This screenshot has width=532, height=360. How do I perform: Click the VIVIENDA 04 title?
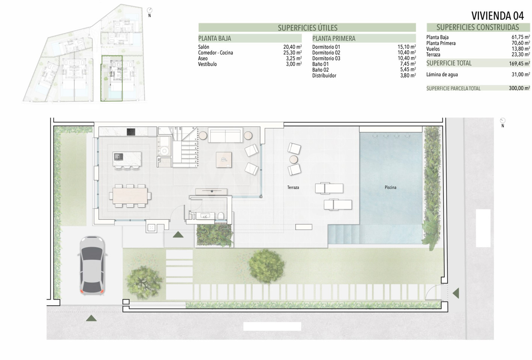(498, 16)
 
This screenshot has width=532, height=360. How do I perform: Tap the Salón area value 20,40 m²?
(292, 47)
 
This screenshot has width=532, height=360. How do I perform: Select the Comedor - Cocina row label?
(216, 52)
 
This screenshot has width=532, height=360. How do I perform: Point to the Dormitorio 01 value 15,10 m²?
(407, 47)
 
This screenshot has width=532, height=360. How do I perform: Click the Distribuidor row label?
(324, 76)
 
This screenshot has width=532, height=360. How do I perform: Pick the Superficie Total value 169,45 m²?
(519, 63)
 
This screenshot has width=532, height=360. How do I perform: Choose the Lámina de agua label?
(442, 75)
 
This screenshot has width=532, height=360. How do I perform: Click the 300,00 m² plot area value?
(519, 88)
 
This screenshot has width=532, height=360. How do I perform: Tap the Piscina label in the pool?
(390, 187)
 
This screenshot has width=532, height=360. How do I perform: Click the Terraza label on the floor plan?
(293, 187)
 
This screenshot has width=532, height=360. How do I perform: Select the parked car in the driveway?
(92, 265)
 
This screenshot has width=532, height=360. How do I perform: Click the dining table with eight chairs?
(130, 196)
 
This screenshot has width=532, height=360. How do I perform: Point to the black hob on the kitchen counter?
(131, 132)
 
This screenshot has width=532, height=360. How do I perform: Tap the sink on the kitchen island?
(118, 156)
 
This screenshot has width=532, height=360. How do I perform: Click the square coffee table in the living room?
(224, 160)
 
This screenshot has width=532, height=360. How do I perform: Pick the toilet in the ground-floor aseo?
(221, 216)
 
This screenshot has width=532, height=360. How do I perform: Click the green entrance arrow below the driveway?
(91, 318)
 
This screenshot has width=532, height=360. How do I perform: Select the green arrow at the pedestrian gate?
(456, 293)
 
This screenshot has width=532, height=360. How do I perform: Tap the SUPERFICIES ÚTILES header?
(307, 28)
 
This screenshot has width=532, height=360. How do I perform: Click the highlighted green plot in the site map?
(111, 78)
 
